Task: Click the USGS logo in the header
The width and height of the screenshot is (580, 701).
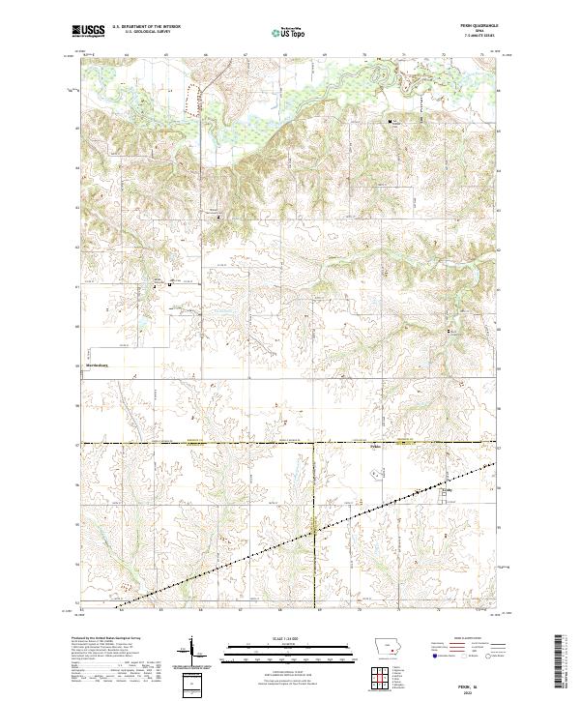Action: (x=89, y=32)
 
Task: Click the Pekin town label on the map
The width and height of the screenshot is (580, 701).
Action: (x=378, y=447)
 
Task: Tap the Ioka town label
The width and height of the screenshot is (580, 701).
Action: (x=446, y=490)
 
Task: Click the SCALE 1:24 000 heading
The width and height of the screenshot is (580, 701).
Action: (x=289, y=639)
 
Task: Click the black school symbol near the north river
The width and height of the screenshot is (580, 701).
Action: (x=391, y=123)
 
